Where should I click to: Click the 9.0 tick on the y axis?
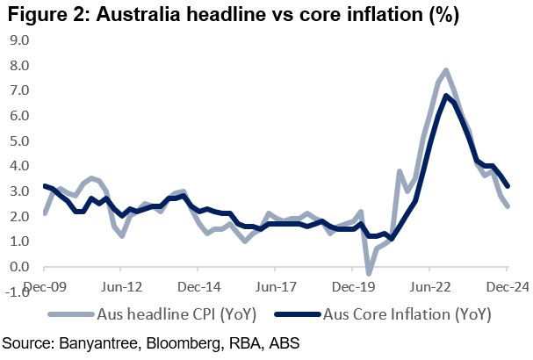click(x=18, y=40)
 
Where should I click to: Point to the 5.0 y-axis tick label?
click(x=18, y=140)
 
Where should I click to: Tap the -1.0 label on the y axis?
click(x=17, y=292)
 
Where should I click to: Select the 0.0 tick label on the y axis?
click(x=18, y=267)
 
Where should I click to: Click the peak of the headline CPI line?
click(x=446, y=69)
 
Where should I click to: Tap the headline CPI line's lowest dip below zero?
click(x=370, y=274)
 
